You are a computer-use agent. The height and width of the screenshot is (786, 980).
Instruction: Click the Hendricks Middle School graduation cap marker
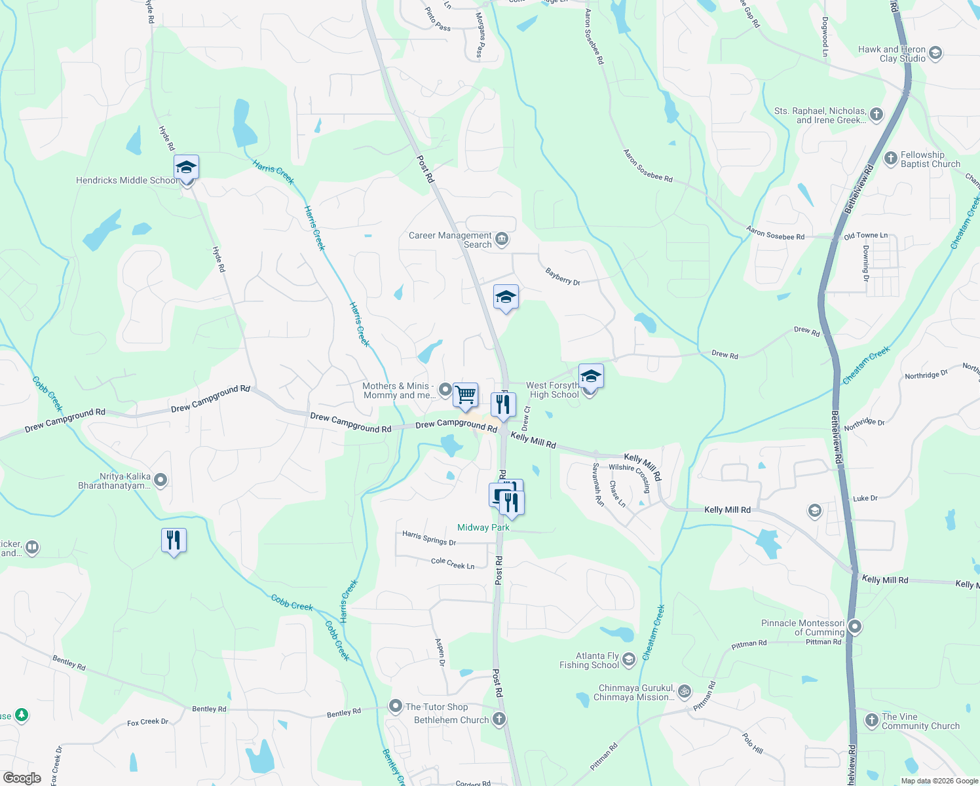186,168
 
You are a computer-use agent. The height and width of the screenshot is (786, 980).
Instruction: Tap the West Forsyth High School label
553,390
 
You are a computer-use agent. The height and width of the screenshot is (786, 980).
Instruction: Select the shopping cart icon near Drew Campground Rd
465,395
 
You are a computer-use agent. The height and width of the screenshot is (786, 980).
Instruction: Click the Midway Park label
483,528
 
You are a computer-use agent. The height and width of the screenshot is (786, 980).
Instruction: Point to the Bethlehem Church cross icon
499,720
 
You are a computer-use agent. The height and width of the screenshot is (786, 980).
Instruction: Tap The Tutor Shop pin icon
395,707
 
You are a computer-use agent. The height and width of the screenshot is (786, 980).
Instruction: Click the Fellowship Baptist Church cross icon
890,159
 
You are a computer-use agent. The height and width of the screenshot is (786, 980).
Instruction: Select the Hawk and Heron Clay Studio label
892,54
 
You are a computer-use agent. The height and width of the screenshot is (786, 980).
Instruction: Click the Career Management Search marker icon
502,239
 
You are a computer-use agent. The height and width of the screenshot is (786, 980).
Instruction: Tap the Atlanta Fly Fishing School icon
629,660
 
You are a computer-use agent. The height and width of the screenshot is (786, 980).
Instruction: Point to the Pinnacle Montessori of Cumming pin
854,627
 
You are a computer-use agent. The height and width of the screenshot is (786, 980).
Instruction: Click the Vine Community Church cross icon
871,720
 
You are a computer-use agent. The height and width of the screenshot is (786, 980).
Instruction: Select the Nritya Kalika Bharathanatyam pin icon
160,481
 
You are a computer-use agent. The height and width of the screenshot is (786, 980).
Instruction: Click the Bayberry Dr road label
563,276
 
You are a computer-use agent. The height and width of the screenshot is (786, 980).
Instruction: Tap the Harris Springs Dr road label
429,538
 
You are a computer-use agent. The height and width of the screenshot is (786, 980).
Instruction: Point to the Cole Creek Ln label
453,563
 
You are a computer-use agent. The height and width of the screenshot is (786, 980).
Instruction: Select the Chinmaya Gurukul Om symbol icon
684,692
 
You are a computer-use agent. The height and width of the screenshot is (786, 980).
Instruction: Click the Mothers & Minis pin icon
445,390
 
